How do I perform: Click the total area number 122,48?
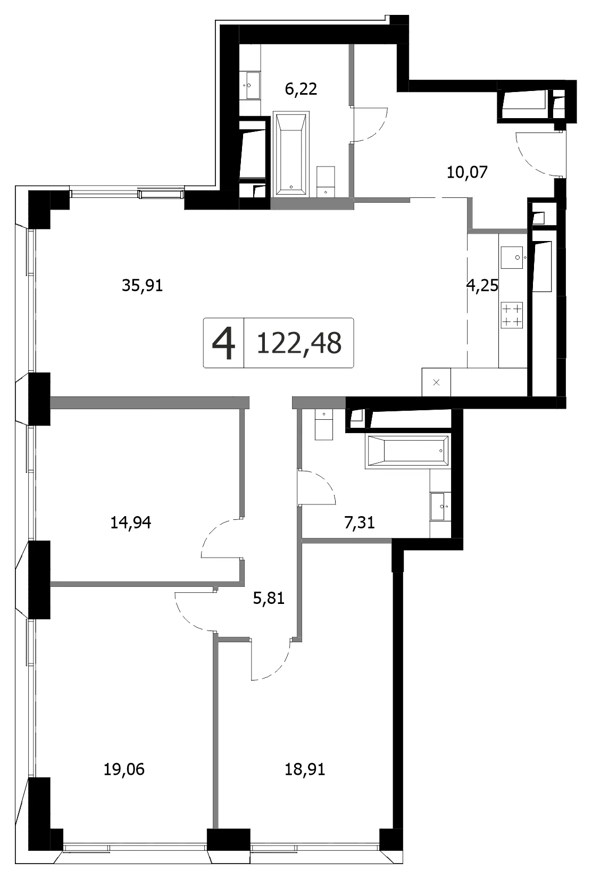(299, 343)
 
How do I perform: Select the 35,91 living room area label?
(142, 286)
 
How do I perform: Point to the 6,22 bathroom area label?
(301, 89)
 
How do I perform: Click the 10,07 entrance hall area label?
(467, 172)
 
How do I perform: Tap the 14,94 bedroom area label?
(131, 523)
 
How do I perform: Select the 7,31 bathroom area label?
(360, 523)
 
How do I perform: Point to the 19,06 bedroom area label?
(124, 769)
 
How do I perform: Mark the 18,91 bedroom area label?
(305, 769)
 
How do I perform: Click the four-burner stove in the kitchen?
(512, 315)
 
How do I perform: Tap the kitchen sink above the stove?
(512, 258)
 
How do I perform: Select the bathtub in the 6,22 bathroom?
(291, 154)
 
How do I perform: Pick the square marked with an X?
(436, 382)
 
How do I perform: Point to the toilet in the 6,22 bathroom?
(326, 181)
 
